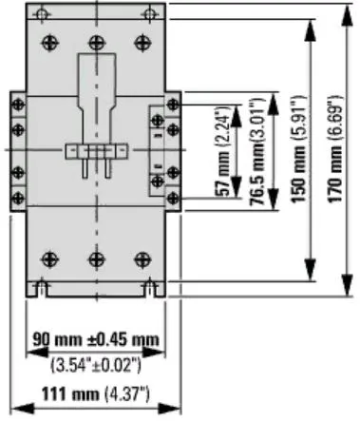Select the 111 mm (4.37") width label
93,395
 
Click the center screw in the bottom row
94,258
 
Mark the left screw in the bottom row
45,258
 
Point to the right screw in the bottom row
142,258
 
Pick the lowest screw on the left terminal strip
16,197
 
